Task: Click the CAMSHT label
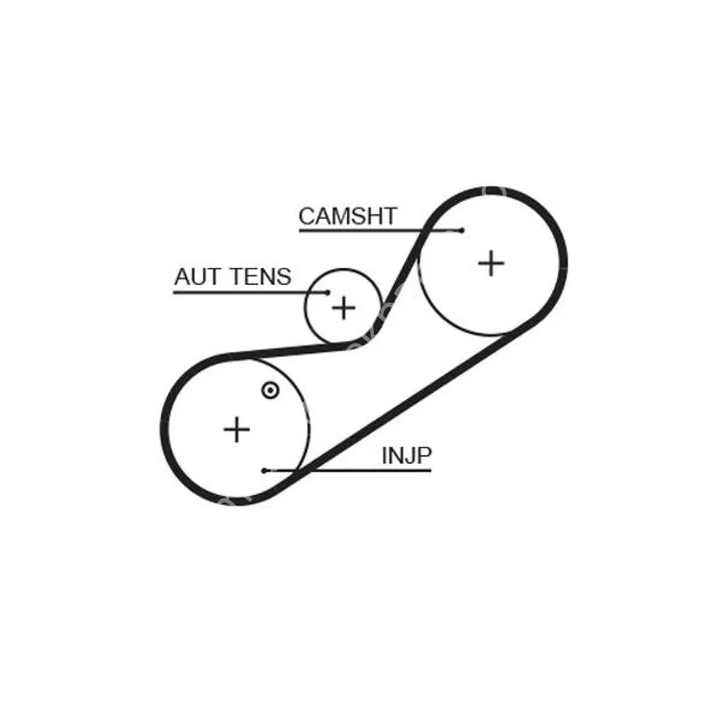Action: (348, 216)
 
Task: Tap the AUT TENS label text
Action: (232, 276)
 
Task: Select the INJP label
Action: (406, 456)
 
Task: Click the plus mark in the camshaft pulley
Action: (491, 264)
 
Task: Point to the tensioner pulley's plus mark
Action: (344, 308)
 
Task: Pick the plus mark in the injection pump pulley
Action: (237, 429)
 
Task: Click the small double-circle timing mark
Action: (270, 390)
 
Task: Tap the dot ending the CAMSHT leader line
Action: (461, 230)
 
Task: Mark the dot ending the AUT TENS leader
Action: (328, 292)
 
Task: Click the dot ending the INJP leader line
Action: (263, 470)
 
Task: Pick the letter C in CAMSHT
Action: (307, 216)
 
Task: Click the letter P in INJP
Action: (423, 456)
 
